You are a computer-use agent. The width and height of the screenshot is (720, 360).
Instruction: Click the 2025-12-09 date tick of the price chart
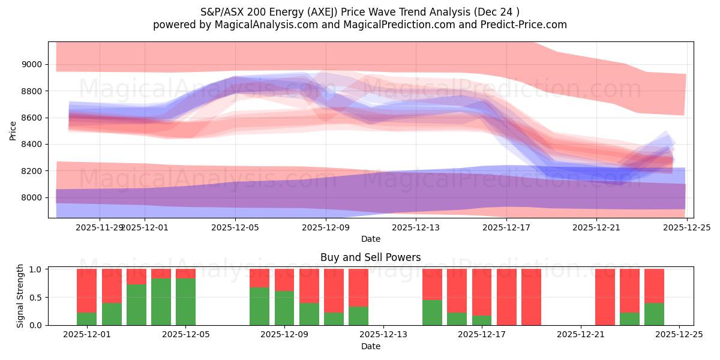325,227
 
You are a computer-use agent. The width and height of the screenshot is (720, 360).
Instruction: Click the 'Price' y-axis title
13,130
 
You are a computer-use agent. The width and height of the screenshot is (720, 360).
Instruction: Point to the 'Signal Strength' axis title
20,296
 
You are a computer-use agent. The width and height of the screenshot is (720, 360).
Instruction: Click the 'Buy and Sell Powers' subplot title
370,257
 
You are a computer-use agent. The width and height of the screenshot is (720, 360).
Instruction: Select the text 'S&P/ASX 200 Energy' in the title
247,11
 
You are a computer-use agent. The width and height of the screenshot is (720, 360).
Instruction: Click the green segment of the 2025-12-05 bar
185,302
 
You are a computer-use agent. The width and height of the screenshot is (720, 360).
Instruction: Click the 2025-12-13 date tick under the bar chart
383,335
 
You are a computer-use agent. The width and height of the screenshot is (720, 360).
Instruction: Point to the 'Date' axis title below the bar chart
370,346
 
